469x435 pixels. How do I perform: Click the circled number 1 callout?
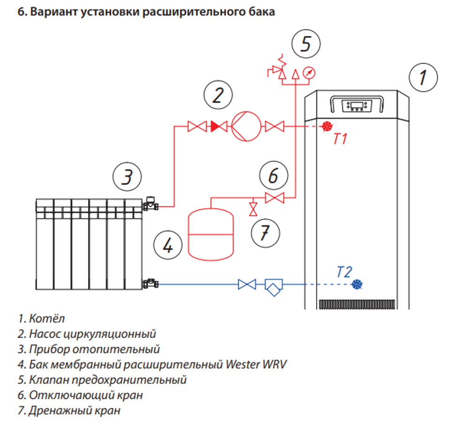click(x=423, y=77)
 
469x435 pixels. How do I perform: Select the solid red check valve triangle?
click(x=218, y=126)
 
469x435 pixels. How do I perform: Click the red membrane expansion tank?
click(x=210, y=234)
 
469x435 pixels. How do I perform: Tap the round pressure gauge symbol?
click(x=309, y=73)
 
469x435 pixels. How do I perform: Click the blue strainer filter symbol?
click(x=273, y=285)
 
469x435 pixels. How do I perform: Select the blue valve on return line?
click(x=247, y=284)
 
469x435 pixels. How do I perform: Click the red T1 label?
click(x=340, y=139)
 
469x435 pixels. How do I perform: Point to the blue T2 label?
click(x=344, y=272)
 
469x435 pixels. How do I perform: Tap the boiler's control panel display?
click(x=356, y=106)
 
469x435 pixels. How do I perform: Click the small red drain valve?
click(x=253, y=208)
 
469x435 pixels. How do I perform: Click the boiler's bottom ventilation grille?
click(x=356, y=304)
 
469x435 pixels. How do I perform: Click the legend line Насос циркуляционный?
click(x=87, y=334)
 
